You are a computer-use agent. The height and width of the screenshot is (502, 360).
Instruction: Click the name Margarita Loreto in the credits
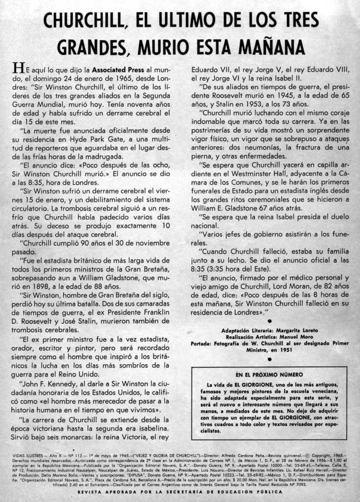point(297,330)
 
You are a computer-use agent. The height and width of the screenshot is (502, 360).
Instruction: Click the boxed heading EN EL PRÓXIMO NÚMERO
point(269,374)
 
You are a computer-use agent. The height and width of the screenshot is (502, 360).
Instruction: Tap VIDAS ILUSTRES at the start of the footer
point(27,455)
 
